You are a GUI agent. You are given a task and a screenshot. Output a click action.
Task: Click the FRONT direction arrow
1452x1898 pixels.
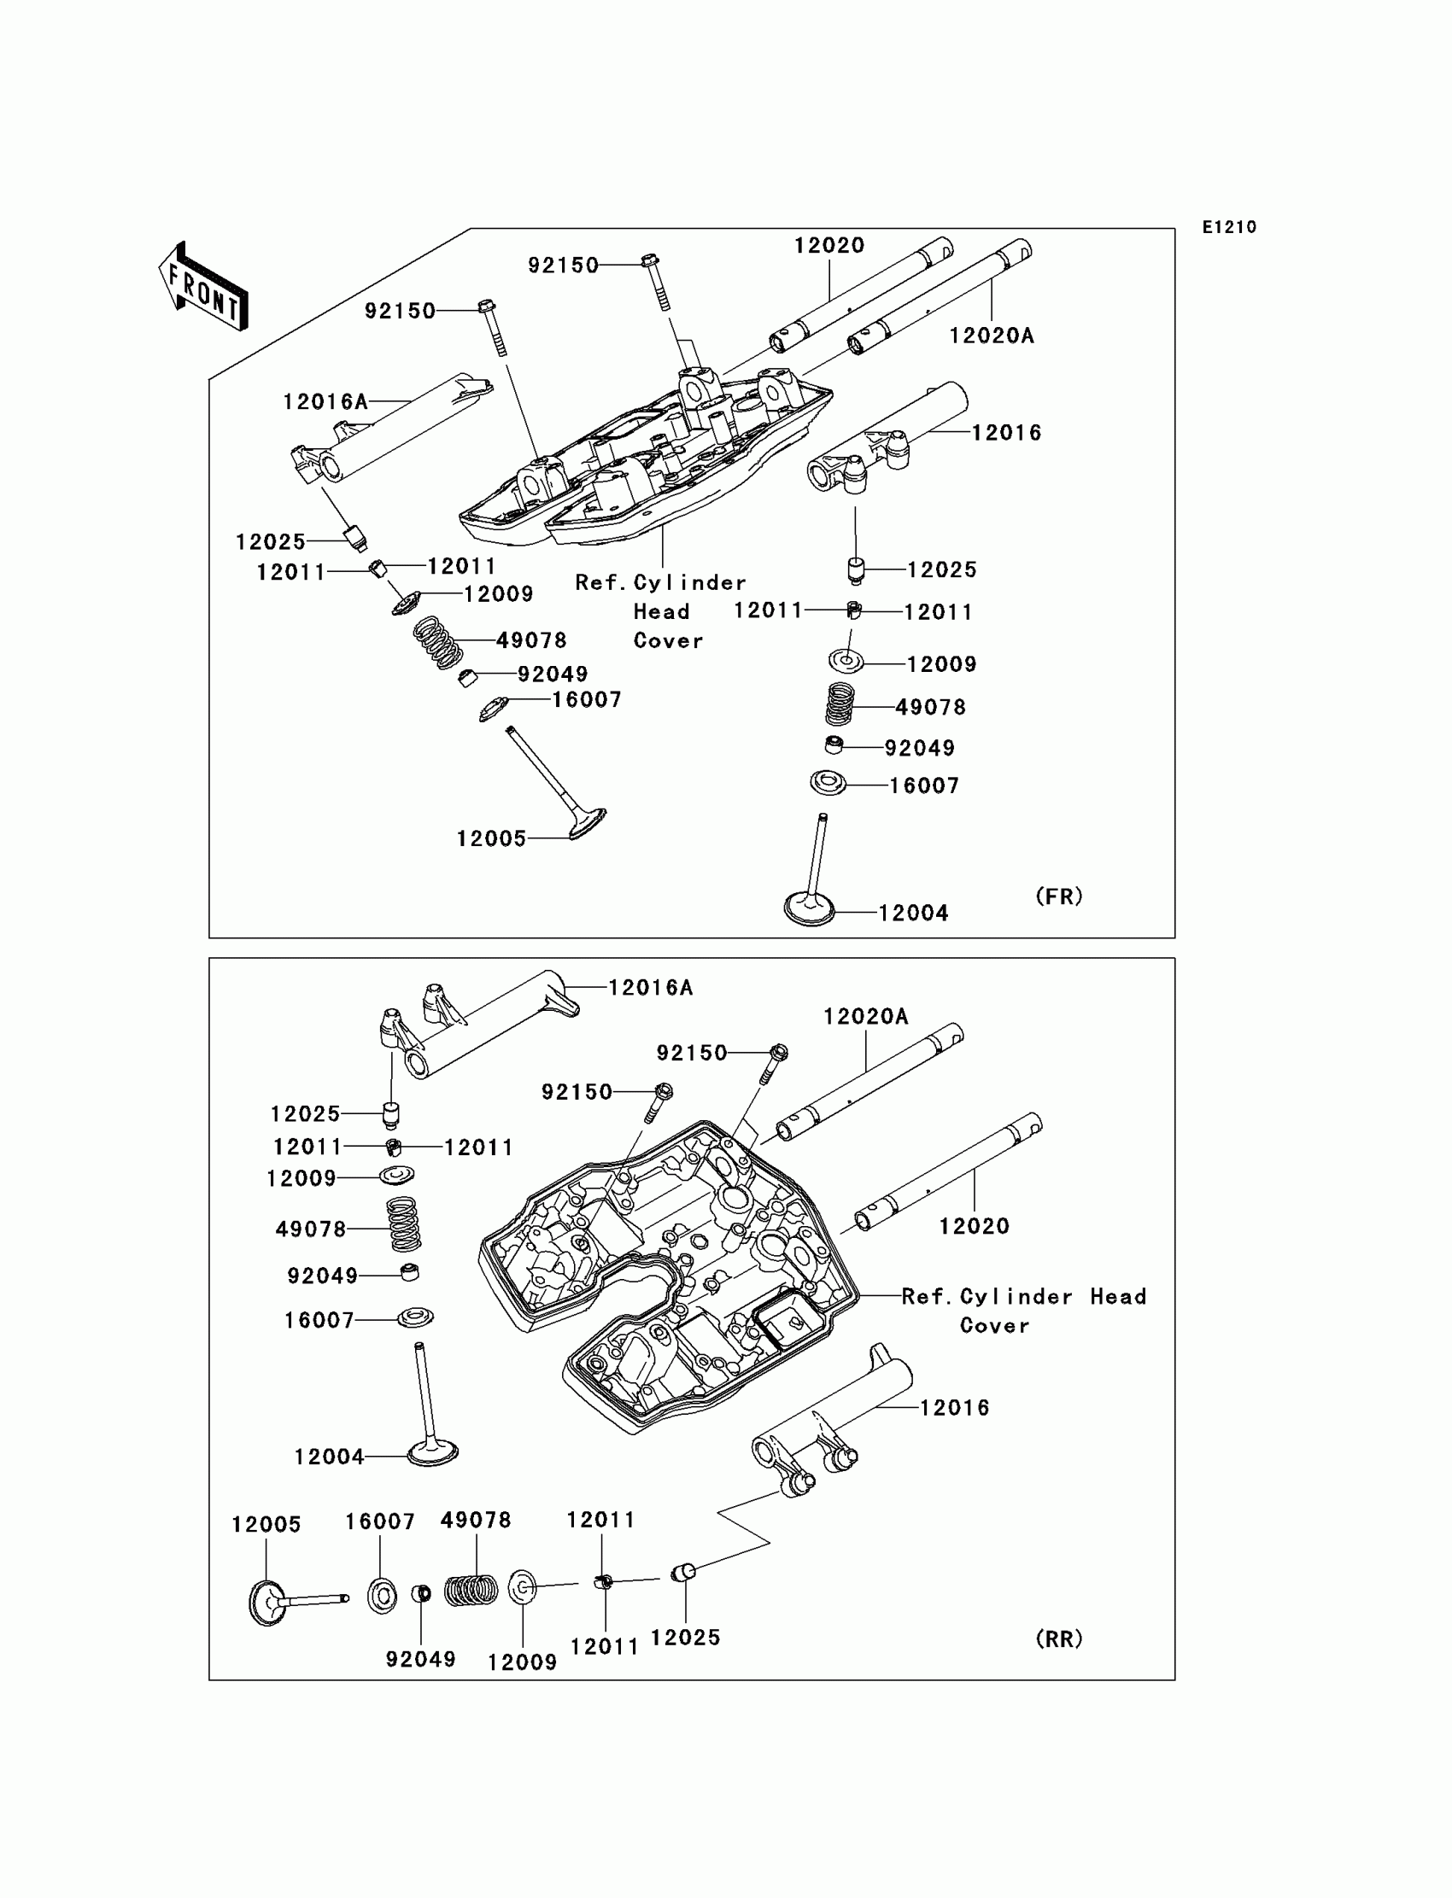[x=204, y=288]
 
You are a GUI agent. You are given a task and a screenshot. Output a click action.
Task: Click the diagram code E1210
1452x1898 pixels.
[x=1229, y=227]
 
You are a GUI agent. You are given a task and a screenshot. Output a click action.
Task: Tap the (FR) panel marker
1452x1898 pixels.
[x=1059, y=896]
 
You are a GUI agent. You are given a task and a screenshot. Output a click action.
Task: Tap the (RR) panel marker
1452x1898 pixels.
[x=1059, y=1638]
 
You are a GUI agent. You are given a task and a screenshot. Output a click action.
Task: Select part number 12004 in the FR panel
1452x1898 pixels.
[x=914, y=914]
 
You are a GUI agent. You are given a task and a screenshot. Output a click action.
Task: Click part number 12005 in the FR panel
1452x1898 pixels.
[x=491, y=838]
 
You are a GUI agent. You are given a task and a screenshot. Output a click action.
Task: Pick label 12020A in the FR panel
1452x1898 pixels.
[x=992, y=336]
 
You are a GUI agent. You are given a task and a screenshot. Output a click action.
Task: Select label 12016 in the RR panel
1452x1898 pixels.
[x=954, y=1407]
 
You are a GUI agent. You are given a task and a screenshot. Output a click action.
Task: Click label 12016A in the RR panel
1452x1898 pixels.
[x=651, y=988]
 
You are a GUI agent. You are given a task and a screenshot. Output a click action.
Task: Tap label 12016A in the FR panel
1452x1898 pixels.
[x=325, y=402]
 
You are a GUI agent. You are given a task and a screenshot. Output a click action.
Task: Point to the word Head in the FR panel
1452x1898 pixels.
[x=661, y=612]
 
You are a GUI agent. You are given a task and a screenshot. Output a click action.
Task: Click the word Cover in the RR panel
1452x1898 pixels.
[x=994, y=1325]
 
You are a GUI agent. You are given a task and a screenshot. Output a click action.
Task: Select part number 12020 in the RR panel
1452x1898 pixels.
[x=974, y=1226]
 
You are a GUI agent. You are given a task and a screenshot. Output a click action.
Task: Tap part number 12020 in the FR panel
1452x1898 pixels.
[x=828, y=245]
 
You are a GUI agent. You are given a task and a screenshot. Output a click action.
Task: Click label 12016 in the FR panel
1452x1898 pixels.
[x=1006, y=433]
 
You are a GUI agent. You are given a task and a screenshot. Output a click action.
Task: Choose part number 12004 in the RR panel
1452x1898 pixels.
[x=329, y=1457]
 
